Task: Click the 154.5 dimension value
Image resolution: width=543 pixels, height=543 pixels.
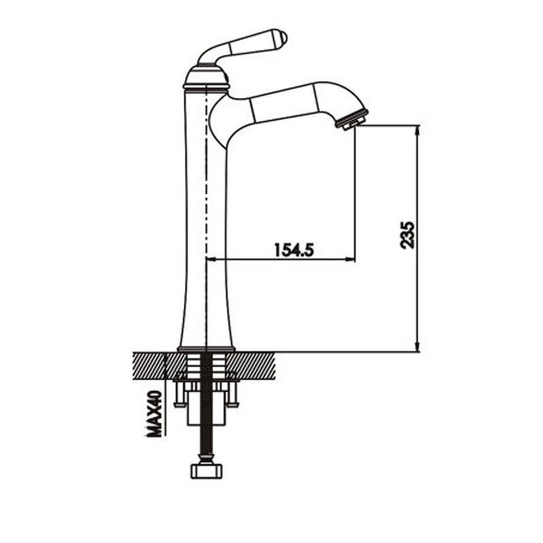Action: tap(294, 250)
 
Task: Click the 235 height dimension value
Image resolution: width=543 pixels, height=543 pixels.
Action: tap(407, 235)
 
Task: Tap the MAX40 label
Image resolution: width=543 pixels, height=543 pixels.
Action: tap(154, 414)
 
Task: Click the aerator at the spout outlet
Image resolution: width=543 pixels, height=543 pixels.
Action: tap(352, 120)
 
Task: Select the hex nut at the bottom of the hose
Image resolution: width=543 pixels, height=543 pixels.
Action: tap(206, 471)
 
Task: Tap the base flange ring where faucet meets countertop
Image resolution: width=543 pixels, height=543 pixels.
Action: tap(206, 349)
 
